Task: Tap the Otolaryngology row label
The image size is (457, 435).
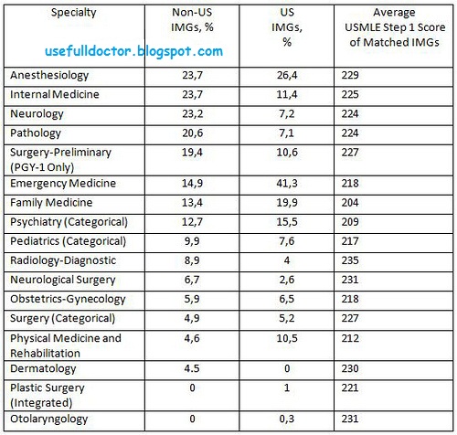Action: (x=47, y=419)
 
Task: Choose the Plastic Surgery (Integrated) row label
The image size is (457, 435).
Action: (x=50, y=392)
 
